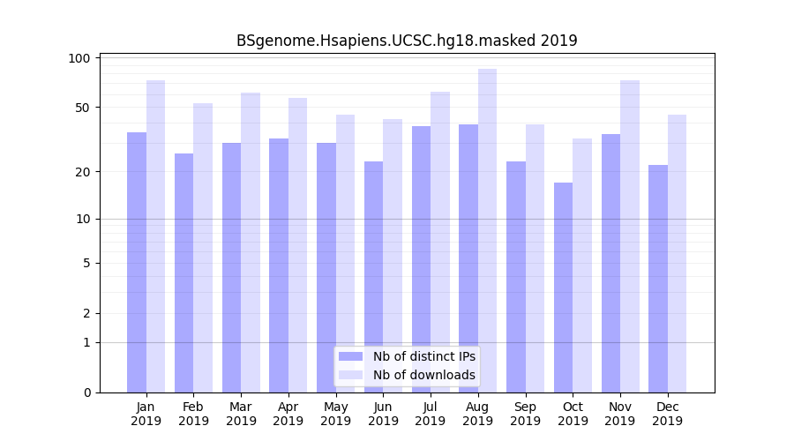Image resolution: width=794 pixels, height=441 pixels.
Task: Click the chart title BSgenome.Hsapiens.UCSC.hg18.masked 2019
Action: coord(407,41)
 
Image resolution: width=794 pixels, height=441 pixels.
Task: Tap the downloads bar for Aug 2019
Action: coord(487,230)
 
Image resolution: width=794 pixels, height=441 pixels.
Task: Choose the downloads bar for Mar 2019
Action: coord(251,243)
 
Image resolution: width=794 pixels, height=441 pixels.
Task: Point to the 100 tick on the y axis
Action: coord(79,58)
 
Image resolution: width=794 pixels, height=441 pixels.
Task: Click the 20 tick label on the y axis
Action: coord(82,171)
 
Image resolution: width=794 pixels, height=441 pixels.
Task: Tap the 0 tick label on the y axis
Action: coord(86,392)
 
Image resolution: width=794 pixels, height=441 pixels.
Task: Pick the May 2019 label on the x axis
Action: coord(336,414)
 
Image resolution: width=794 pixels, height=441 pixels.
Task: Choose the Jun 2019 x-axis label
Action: coord(383,414)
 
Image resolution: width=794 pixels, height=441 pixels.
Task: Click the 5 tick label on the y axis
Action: coord(86,263)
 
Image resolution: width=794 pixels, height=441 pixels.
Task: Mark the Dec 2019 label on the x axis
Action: coord(667,414)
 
